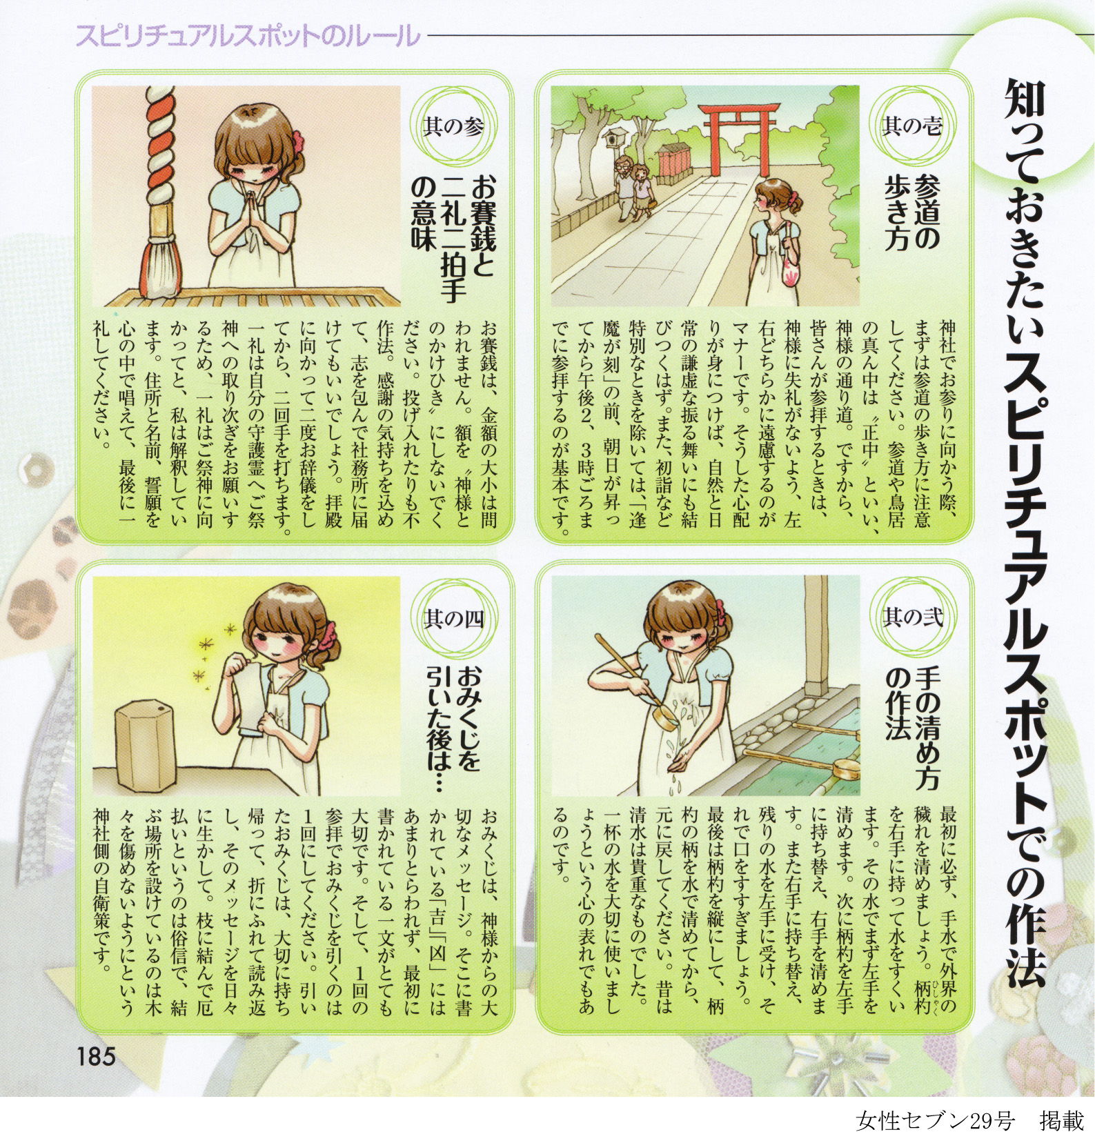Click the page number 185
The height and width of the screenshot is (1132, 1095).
tap(96, 1056)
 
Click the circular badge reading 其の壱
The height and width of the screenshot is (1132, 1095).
tap(912, 126)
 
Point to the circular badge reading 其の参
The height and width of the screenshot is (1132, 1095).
tap(453, 126)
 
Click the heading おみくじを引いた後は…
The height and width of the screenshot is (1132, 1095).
tap(453, 731)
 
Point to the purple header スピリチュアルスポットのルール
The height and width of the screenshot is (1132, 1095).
tap(247, 35)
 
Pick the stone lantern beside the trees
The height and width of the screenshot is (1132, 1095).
tap(612, 139)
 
